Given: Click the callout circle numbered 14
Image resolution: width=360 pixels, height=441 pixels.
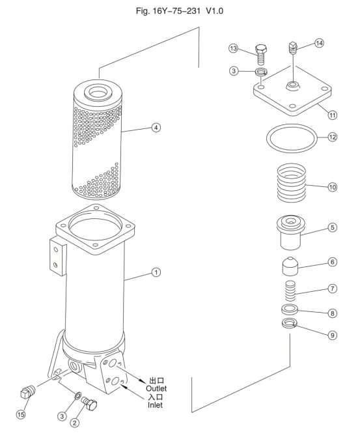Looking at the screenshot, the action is (x=319, y=43).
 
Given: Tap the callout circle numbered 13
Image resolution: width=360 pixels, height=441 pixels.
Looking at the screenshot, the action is (x=233, y=48).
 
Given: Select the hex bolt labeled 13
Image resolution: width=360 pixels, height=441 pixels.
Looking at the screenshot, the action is (x=260, y=55).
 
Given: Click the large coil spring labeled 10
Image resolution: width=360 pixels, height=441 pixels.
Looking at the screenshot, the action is (x=292, y=182).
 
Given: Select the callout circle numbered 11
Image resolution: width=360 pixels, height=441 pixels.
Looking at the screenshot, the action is (x=333, y=115).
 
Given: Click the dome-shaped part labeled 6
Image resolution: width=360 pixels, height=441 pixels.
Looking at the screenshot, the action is (x=290, y=266).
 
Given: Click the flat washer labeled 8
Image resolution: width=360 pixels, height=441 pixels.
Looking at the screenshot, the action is (x=290, y=309).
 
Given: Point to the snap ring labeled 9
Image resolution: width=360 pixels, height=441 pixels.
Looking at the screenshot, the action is (x=290, y=323).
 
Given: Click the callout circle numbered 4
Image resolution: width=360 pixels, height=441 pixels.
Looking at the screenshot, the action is (x=156, y=128).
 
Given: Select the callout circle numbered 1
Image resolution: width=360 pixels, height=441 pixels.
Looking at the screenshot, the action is (x=156, y=272).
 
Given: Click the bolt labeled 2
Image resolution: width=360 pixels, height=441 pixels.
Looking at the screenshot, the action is (x=89, y=402).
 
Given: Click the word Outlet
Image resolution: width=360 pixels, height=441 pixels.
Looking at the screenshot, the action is (x=156, y=388).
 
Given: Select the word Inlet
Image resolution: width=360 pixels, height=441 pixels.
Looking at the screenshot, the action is (x=155, y=405).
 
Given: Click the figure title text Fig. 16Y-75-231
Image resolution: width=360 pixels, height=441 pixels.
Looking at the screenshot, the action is (x=168, y=11).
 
